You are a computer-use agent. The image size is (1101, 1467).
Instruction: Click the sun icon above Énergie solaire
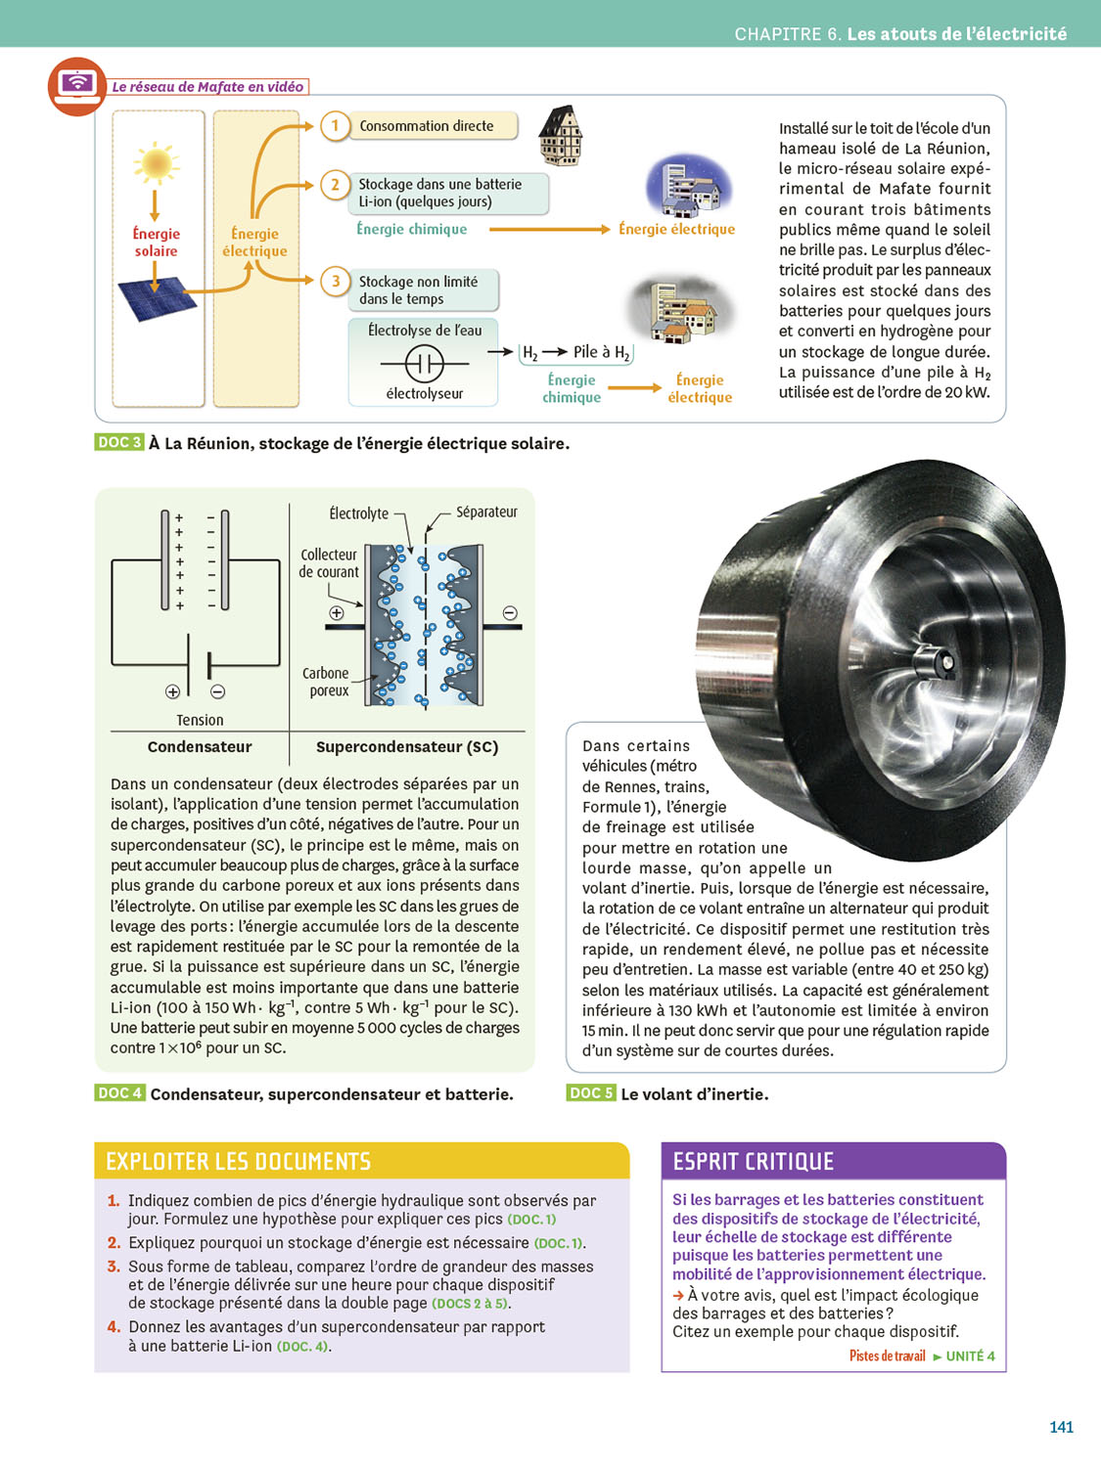pyautogui.click(x=156, y=163)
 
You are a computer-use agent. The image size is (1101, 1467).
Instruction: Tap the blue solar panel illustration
pyautogui.click(x=157, y=298)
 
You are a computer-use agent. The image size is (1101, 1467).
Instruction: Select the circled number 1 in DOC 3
pyautogui.click(x=335, y=126)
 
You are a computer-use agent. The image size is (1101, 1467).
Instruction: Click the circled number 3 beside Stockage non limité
pyautogui.click(x=335, y=282)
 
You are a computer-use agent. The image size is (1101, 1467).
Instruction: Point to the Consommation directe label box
pyautogui.click(x=432, y=126)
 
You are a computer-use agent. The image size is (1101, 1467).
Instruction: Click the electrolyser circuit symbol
pyautogui.click(x=425, y=364)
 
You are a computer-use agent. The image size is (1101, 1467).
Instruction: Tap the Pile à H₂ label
pyautogui.click(x=600, y=352)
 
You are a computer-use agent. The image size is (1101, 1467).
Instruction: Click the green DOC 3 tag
pyautogui.click(x=119, y=442)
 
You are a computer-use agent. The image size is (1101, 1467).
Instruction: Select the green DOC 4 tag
pyautogui.click(x=119, y=1092)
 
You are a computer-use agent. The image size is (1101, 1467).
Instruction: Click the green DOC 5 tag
pyautogui.click(x=591, y=1092)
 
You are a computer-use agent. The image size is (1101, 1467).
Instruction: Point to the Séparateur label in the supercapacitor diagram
pyautogui.click(x=486, y=511)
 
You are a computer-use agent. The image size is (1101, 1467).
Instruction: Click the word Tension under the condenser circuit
pyautogui.click(x=200, y=720)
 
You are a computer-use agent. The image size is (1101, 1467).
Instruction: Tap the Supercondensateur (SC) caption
pyautogui.click(x=407, y=747)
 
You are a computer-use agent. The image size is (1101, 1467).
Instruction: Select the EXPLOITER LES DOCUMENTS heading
pyautogui.click(x=239, y=1162)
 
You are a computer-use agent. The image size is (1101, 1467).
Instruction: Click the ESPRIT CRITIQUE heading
pyautogui.click(x=754, y=1162)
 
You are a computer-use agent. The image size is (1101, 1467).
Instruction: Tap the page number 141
pyautogui.click(x=1061, y=1427)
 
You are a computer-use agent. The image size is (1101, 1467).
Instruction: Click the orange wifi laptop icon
pyautogui.click(x=77, y=86)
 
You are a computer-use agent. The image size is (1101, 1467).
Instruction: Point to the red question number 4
pyautogui.click(x=115, y=1327)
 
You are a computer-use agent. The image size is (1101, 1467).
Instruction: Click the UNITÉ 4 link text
pyautogui.click(x=970, y=1356)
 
